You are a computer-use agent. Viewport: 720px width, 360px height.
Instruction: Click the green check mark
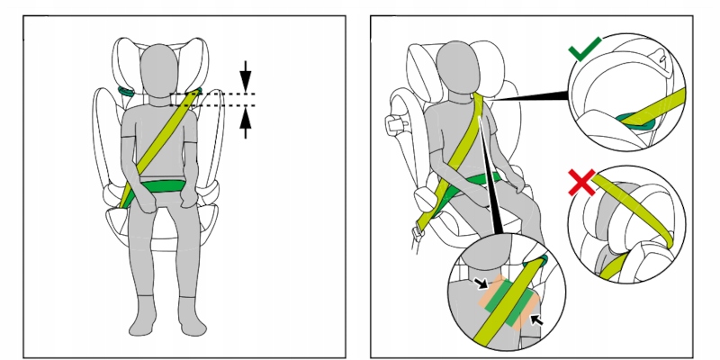click(586, 50)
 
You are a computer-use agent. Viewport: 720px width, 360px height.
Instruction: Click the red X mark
click(582, 183)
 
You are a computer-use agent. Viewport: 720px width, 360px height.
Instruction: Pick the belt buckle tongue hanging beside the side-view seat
click(417, 236)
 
